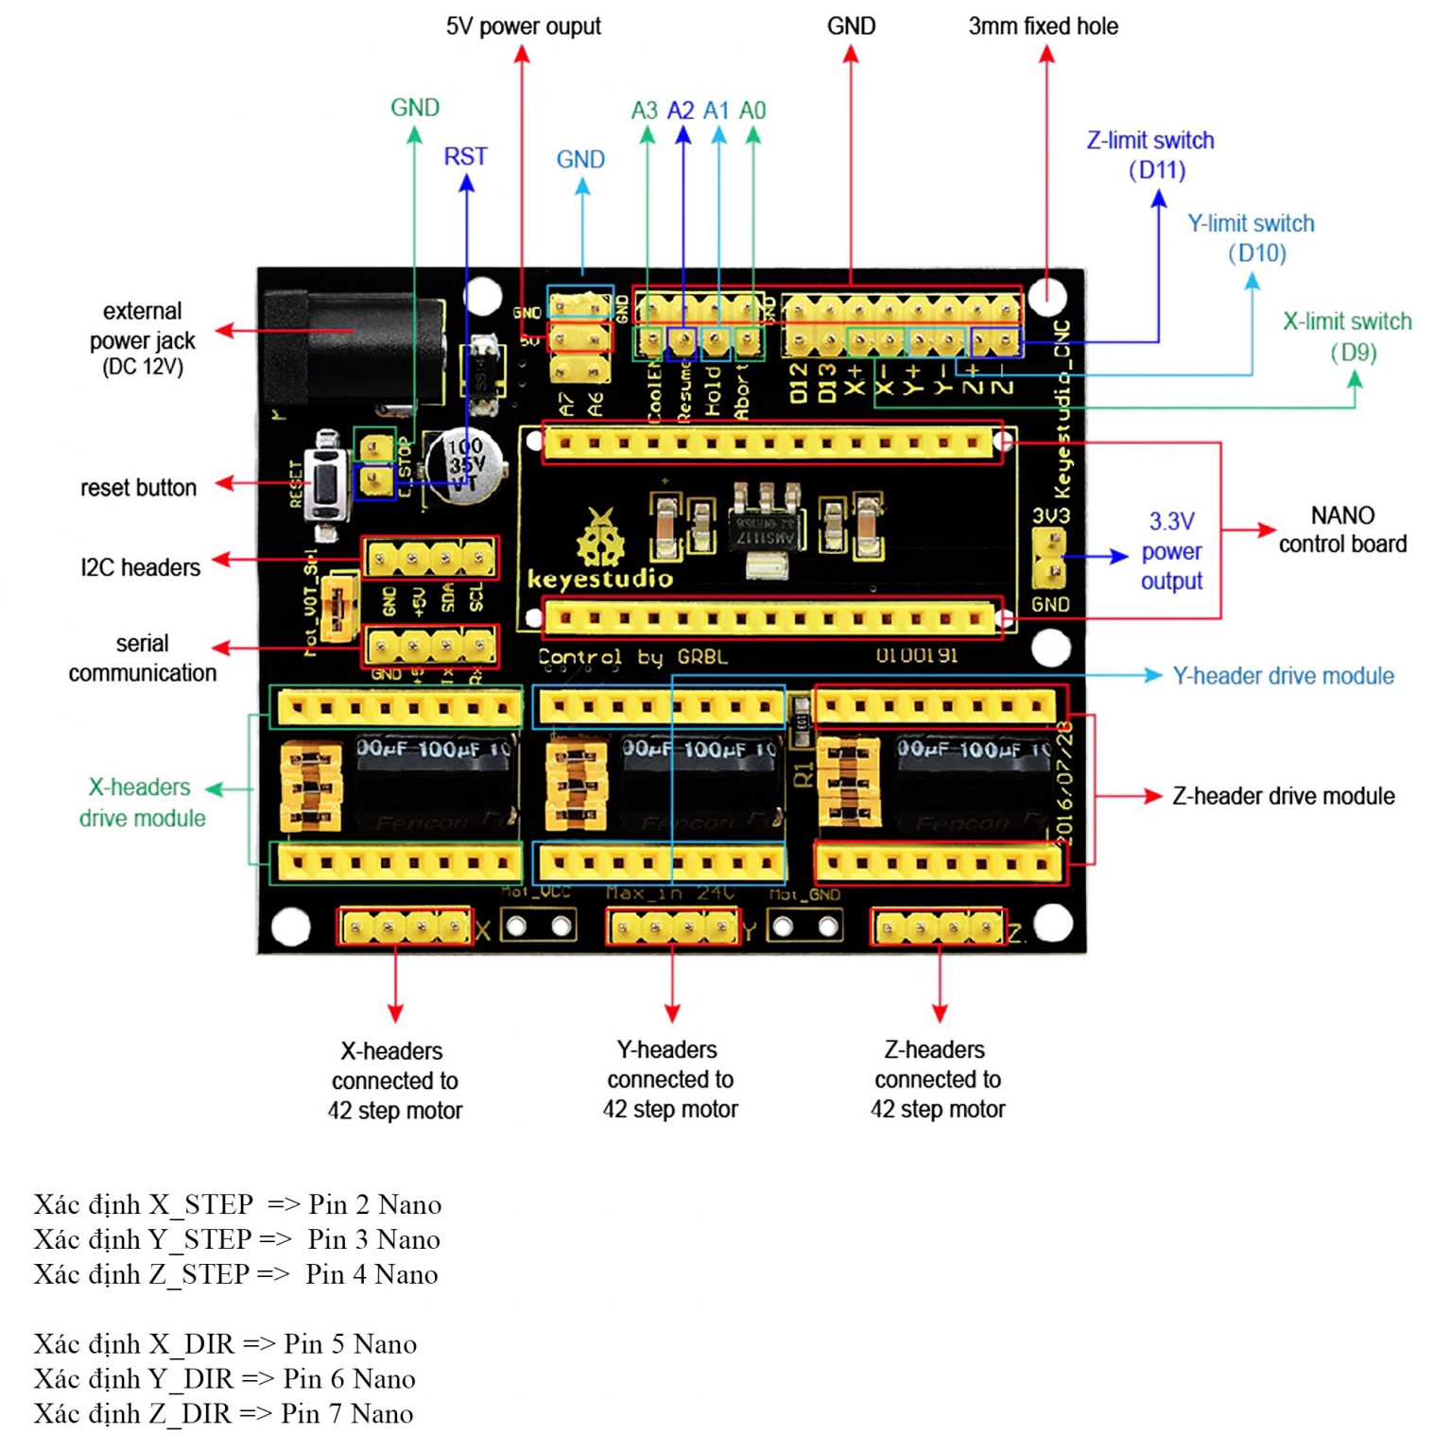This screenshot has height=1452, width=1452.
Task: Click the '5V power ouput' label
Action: [523, 26]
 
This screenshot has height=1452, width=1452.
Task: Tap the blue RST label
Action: [465, 157]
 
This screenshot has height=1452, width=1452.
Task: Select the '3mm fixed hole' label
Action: [1043, 26]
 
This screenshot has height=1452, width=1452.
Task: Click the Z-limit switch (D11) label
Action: [1150, 155]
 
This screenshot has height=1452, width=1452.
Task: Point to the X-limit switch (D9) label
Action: [1347, 337]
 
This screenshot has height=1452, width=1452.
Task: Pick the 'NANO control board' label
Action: [1342, 529]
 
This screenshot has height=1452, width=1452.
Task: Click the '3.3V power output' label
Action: [1171, 551]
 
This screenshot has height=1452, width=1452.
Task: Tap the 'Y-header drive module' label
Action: [1283, 676]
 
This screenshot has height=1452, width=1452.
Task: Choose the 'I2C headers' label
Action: [140, 567]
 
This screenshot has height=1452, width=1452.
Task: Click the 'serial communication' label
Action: [142, 658]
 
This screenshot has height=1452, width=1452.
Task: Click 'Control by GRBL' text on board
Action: [632, 657]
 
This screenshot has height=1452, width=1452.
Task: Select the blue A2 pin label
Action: [681, 111]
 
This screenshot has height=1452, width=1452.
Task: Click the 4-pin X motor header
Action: [405, 927]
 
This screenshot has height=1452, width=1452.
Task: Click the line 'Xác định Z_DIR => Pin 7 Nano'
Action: [223, 1414]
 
